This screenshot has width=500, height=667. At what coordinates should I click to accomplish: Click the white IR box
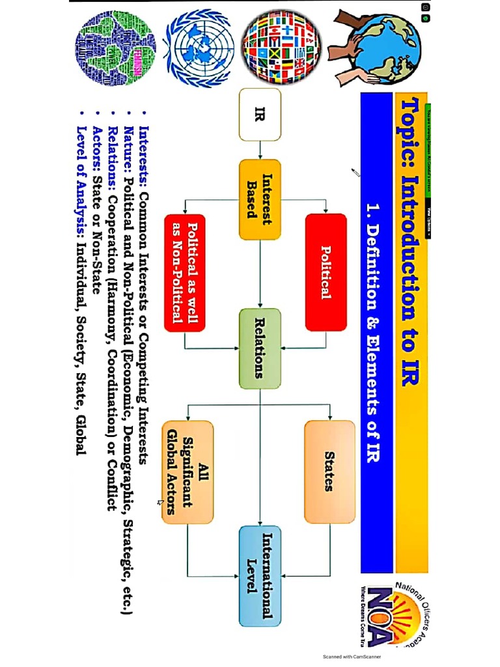pos(260,115)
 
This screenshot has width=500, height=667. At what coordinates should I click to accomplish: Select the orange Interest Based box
pos(260,199)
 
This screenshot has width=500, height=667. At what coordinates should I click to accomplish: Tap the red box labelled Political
pos(326,272)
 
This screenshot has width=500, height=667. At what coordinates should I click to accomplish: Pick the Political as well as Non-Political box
pos(184,273)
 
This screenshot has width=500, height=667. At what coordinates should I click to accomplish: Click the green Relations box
pos(260,348)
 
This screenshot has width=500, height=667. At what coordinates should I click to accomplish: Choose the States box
pos(329,472)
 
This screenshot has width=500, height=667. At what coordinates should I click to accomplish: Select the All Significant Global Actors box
pos(187,472)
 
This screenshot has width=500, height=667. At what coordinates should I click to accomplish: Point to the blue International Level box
pos(260,576)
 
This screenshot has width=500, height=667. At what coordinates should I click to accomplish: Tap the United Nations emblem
pos(200,45)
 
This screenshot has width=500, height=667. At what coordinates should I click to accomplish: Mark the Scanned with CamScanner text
pos(352,657)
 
